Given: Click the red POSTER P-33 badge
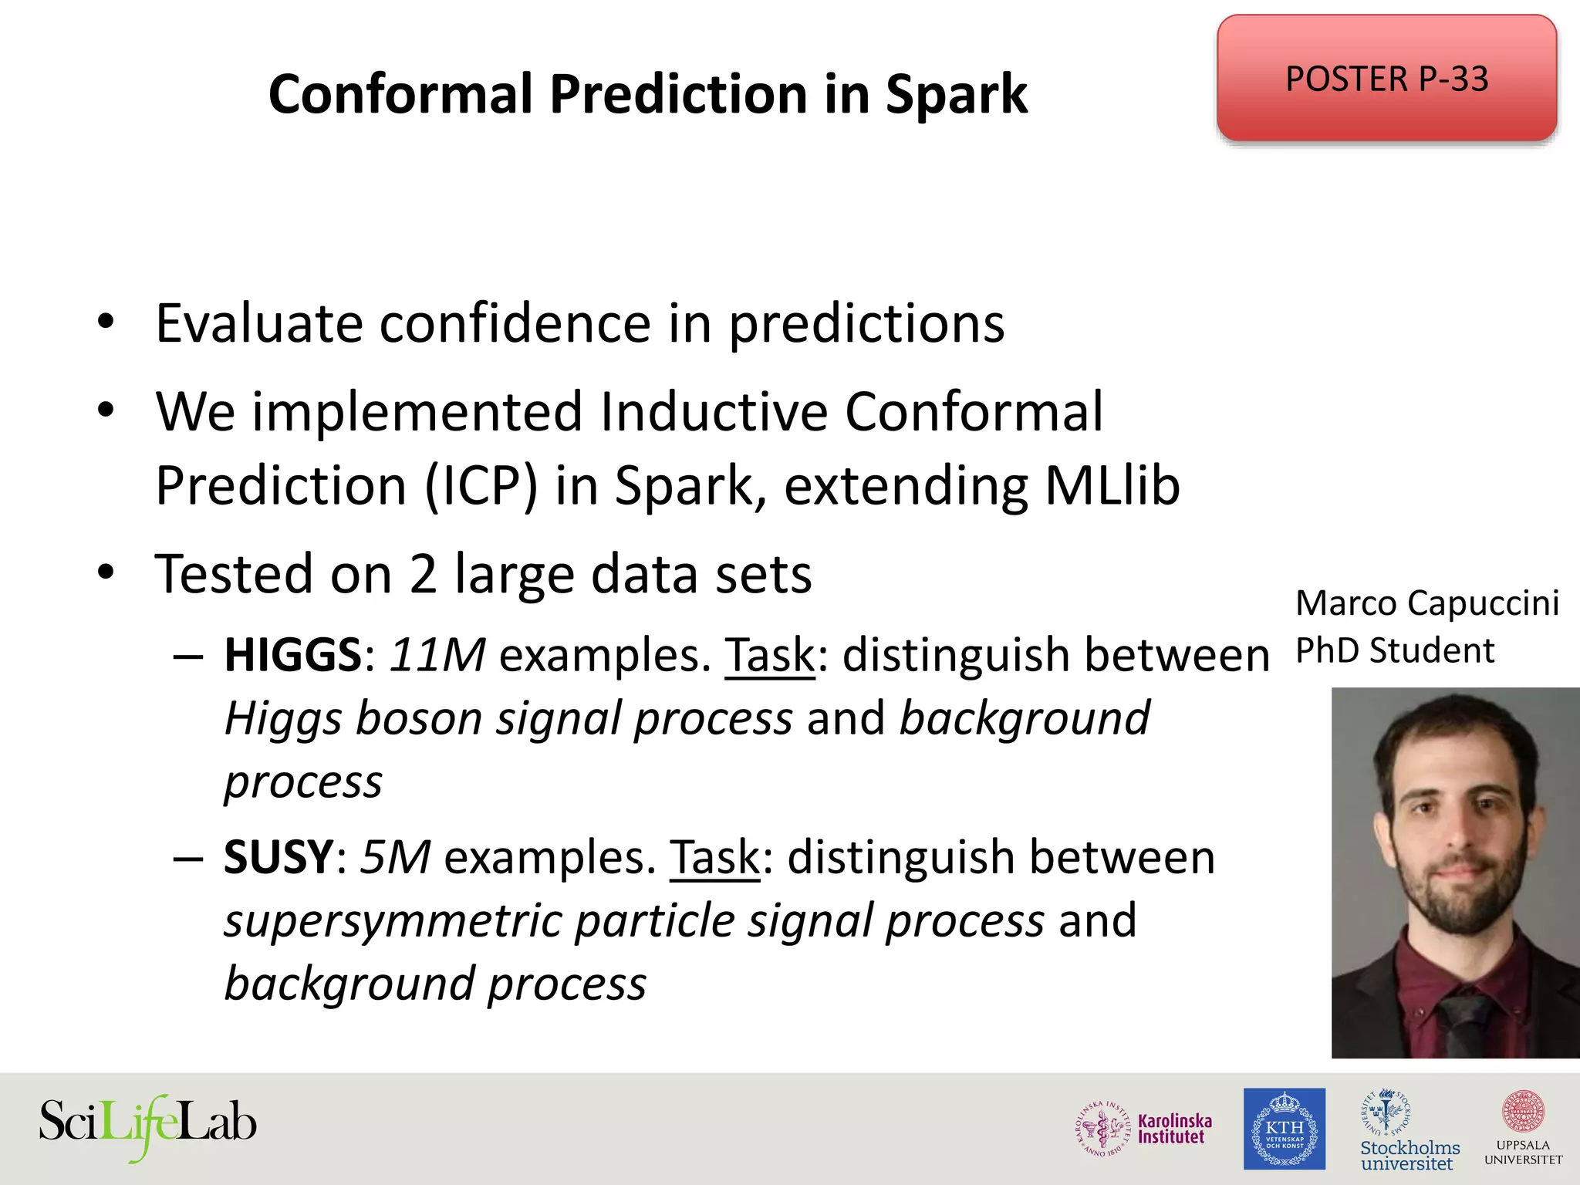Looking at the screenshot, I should tap(1386, 78).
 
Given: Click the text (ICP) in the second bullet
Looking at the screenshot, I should tap(481, 486).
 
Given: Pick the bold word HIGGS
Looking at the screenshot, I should tap(292, 655).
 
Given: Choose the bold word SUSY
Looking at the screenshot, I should tap(278, 857).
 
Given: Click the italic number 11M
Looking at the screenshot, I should tap(437, 655).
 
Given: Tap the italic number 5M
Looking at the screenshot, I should tap(394, 857).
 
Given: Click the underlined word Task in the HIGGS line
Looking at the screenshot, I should tap(769, 657).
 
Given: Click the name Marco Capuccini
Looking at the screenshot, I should tap(1426, 603).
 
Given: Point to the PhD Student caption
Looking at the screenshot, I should tap(1394, 651).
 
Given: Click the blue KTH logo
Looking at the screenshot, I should tap(1284, 1129).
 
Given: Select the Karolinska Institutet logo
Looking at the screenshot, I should tap(1144, 1129).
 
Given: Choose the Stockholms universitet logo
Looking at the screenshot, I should tap(1409, 1130).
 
